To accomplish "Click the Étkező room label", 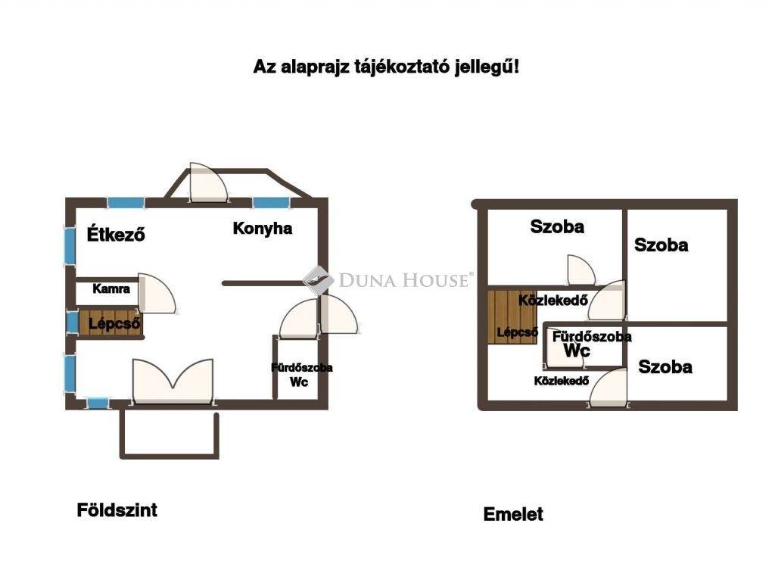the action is coord(116,233).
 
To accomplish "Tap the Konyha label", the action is coord(263,229).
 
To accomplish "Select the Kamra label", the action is coord(111,288).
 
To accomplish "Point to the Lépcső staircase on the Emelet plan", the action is coord(512,316).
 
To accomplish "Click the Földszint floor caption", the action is coord(117,510).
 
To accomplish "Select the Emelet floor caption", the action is coord(513,514).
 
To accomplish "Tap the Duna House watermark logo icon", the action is coord(317,280).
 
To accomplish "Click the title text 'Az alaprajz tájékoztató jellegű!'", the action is coord(386,66).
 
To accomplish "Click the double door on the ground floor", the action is coord(173,382).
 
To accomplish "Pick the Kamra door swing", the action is coord(156,293).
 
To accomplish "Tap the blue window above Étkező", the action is coord(126,203).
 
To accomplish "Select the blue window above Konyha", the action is coord(271,203).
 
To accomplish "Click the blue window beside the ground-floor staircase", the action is coord(72,323).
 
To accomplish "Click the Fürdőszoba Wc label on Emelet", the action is coord(592,344).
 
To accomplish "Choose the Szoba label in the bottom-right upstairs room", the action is coord(665,366).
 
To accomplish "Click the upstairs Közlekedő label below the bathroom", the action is coord(562,381).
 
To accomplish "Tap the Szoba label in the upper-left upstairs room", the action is coord(557,226).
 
